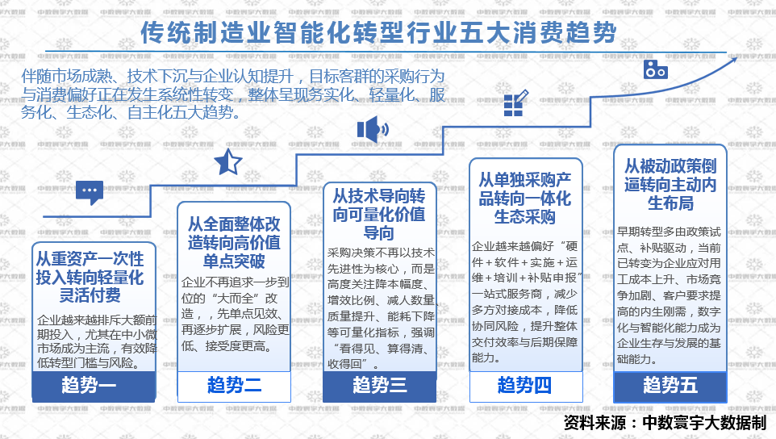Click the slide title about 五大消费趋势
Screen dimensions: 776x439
click(378, 34)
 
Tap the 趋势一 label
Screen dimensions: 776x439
click(89, 385)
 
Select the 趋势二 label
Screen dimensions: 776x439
click(234, 385)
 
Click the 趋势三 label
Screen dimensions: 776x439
click(379, 385)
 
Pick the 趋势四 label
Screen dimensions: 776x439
click(525, 385)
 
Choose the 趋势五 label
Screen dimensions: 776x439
click(670, 385)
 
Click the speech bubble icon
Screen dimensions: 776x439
click(90, 191)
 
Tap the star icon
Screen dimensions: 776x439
click(227, 162)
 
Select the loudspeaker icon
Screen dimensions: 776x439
click(372, 128)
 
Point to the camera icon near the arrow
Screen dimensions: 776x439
click(655, 69)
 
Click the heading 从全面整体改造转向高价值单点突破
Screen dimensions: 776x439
click(234, 242)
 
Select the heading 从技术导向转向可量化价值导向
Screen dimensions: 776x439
click(379, 215)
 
